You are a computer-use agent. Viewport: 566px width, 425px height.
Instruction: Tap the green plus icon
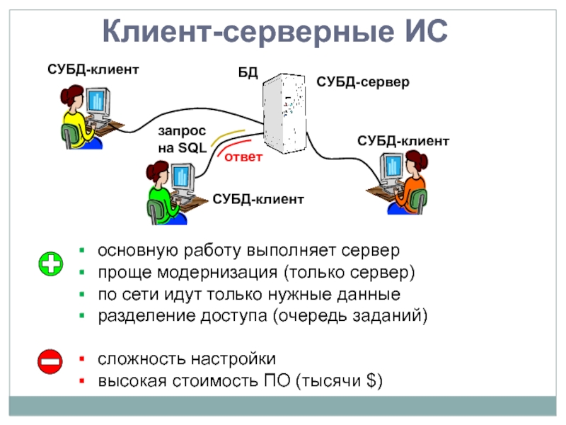(x=50, y=263)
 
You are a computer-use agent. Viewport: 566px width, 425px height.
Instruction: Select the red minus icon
(x=50, y=363)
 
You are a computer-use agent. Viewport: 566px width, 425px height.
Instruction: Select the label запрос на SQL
(x=182, y=140)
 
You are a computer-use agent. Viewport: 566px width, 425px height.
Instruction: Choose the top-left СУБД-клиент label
(x=93, y=69)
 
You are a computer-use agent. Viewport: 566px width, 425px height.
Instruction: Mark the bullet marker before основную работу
(x=83, y=251)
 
